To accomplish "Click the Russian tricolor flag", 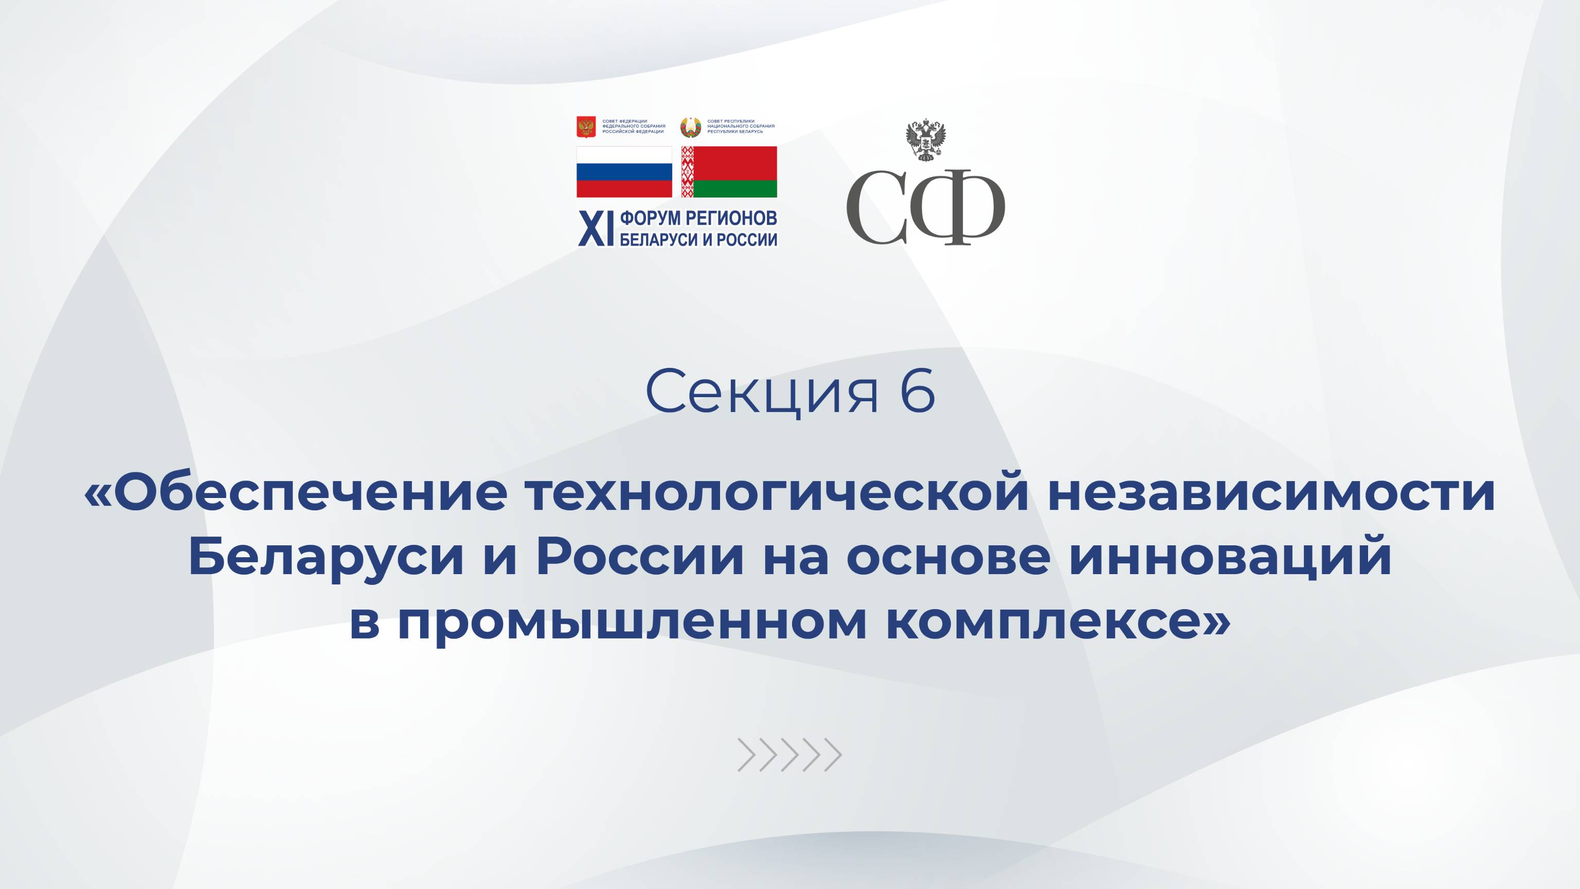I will coord(624,172).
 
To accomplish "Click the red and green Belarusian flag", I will coord(729,172).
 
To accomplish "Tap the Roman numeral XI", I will coord(596,229).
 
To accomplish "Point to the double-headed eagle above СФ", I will coord(926,140).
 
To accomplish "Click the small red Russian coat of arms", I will coord(586,127).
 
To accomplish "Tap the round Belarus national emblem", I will coord(690,127).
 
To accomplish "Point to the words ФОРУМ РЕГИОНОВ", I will coord(698,218).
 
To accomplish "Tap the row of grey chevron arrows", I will coord(789,755).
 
